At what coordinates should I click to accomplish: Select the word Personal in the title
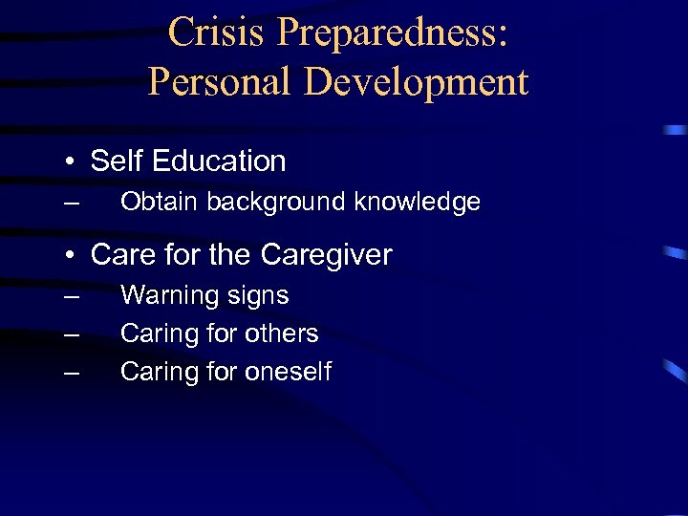pyautogui.click(x=221, y=83)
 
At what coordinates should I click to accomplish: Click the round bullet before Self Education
pyautogui.click(x=72, y=161)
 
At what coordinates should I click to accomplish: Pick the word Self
pyautogui.click(x=116, y=161)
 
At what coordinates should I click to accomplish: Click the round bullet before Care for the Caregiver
pyautogui.click(x=72, y=255)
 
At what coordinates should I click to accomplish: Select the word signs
pyautogui.click(x=258, y=296)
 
